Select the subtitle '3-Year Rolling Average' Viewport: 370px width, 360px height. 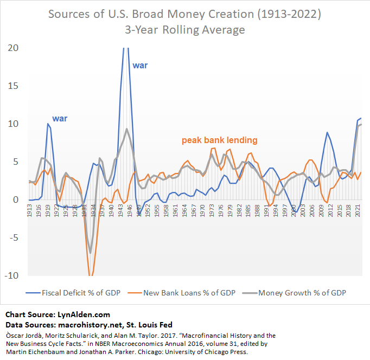click(x=184, y=29)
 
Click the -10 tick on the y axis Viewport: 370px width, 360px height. click(x=11, y=275)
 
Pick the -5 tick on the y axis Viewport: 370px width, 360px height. click(x=13, y=237)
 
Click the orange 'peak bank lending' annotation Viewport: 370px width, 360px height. click(x=219, y=140)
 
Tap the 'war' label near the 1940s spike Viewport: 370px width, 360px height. click(x=140, y=66)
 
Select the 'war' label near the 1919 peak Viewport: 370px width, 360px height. click(x=60, y=118)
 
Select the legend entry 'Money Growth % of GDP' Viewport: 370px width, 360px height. click(x=302, y=293)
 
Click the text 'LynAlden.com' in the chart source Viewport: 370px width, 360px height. click(x=83, y=314)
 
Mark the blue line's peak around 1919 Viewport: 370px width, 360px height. click(x=48, y=124)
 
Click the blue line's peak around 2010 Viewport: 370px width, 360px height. click(x=327, y=132)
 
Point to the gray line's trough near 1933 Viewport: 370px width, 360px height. click(x=90, y=253)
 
